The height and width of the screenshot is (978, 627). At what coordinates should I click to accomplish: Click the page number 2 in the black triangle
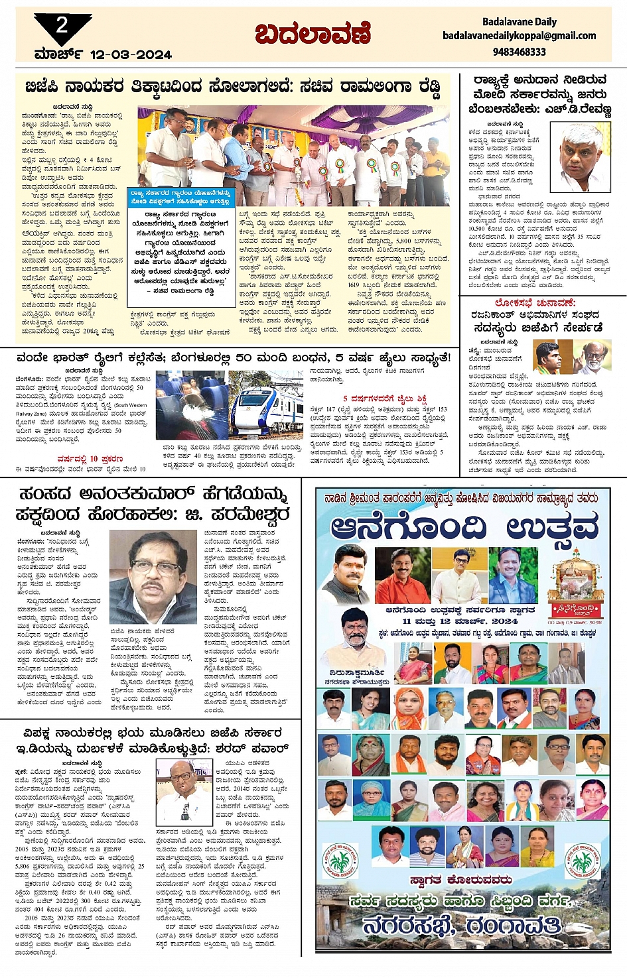click(62, 26)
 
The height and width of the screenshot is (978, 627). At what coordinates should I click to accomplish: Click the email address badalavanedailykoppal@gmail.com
click(519, 36)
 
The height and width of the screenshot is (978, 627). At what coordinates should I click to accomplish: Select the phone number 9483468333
click(519, 51)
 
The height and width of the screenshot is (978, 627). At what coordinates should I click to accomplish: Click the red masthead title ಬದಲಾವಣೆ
click(313, 33)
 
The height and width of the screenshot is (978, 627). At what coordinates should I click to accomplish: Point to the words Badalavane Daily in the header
click(519, 22)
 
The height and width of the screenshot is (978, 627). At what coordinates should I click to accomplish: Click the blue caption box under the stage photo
click(180, 197)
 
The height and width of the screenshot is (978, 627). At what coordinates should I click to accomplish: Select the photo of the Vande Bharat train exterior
click(265, 405)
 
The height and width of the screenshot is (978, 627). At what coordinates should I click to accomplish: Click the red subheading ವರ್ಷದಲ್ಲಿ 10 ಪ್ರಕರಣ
click(90, 458)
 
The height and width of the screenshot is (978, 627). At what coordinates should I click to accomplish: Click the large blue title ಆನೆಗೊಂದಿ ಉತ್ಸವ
click(464, 527)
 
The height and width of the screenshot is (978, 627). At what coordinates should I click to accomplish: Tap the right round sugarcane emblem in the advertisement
click(582, 860)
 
